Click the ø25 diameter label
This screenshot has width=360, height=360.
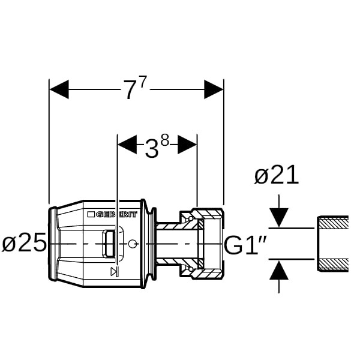(24, 242)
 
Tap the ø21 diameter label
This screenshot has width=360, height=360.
(277, 175)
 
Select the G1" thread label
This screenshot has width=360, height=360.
(245, 245)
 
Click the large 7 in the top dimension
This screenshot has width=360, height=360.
(130, 90)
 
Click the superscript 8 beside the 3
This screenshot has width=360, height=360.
(165, 140)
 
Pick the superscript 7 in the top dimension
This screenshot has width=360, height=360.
(143, 82)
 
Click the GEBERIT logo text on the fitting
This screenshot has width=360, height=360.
(116, 214)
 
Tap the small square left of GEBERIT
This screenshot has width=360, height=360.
(91, 214)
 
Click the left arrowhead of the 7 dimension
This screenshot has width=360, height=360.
(59, 89)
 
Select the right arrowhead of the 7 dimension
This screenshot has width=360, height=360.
(214, 89)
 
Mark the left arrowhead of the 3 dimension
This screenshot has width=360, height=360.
(127, 145)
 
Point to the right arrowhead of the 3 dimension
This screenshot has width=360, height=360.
(188, 145)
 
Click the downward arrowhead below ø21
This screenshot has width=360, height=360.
(279, 217)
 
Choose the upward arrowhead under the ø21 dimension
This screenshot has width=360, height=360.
(279, 271)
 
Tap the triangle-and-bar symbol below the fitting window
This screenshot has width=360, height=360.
(115, 272)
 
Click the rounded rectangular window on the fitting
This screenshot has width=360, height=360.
(109, 244)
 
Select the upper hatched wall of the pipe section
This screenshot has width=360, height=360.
(333, 222)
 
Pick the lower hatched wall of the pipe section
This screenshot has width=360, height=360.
(333, 265)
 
